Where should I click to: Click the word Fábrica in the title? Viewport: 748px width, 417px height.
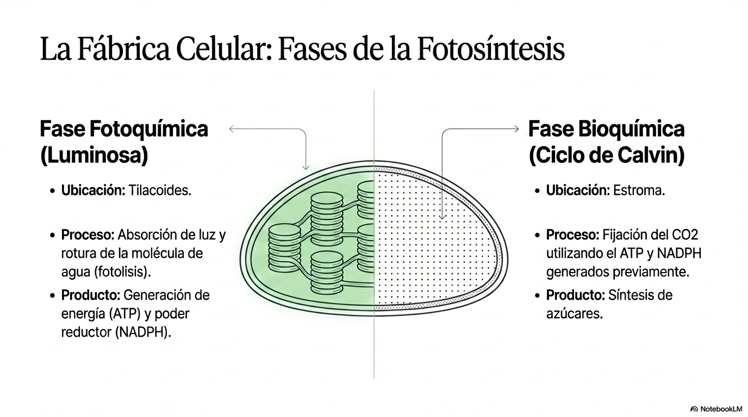124,49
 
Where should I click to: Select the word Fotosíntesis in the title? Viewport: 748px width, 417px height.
491,49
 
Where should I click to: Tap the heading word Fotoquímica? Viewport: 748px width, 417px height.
148,129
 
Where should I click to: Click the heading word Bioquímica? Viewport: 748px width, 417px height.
631,129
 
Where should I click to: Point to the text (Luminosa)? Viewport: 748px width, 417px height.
94,155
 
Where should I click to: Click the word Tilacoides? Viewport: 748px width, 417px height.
160,191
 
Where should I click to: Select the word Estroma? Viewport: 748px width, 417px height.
639,191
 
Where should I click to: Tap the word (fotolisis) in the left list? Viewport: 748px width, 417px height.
122,272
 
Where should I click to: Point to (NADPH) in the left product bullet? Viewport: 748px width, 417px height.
143,332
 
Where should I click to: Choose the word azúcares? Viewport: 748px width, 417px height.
575,314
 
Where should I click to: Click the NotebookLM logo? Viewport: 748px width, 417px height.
716,409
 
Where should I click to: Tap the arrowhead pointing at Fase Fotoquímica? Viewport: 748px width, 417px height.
232,129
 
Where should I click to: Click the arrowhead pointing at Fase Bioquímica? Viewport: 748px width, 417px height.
516,129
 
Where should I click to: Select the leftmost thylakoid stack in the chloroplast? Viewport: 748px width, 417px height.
284,248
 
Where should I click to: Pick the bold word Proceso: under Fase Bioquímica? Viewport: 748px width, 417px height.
573,235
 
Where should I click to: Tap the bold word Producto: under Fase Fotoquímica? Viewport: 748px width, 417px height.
90,295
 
